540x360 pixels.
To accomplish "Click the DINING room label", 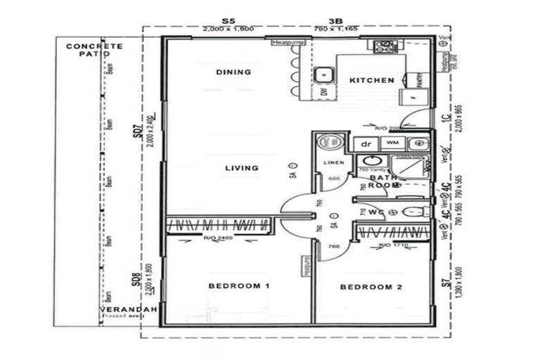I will [x=233, y=72].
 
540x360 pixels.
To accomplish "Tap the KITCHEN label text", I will [x=372, y=80].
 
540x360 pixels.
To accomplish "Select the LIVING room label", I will [x=241, y=168].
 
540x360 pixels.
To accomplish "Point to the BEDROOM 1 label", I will [x=240, y=285].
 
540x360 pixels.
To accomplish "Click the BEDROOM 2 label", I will [x=371, y=287].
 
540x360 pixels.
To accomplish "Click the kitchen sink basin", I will [x=323, y=74].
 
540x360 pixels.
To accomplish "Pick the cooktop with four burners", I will [x=385, y=47].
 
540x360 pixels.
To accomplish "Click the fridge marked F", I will [x=408, y=98].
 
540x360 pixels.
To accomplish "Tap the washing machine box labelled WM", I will [x=391, y=143].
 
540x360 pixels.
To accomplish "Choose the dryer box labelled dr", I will [x=366, y=143].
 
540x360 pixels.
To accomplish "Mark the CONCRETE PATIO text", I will [x=94, y=50].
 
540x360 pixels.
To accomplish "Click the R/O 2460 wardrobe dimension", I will [x=217, y=238].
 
